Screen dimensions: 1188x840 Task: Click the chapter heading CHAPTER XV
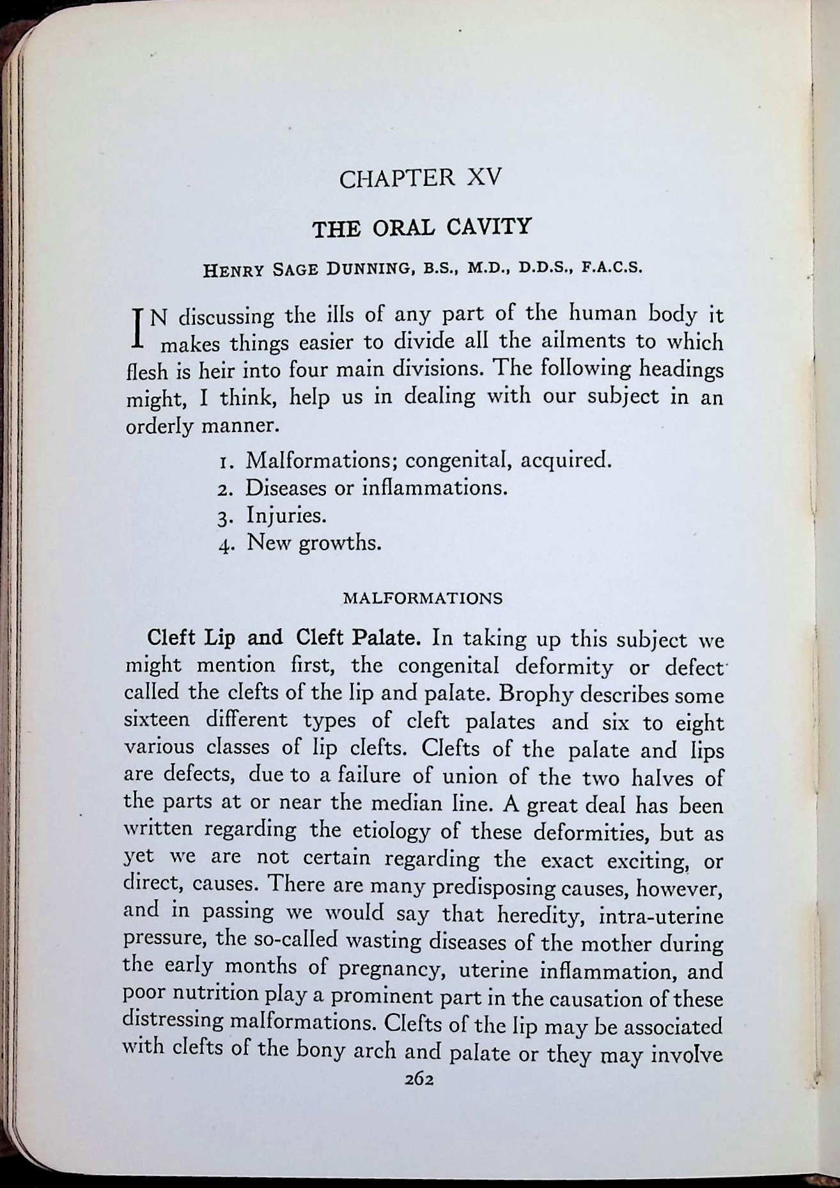pos(421,178)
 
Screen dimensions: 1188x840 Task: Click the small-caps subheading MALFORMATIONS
pos(423,599)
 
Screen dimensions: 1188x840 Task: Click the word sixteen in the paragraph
pos(157,720)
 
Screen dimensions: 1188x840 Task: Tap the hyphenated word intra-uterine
pos(661,916)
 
